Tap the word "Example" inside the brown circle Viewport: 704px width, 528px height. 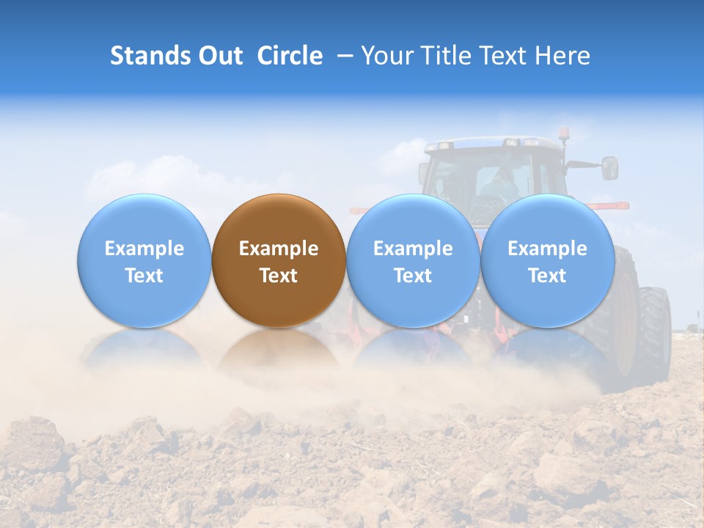(x=279, y=249)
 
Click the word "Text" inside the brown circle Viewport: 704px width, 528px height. (x=279, y=276)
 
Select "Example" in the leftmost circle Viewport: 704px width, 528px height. (x=144, y=249)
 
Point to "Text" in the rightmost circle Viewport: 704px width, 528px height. (x=547, y=276)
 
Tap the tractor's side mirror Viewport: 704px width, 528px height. (x=609, y=168)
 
